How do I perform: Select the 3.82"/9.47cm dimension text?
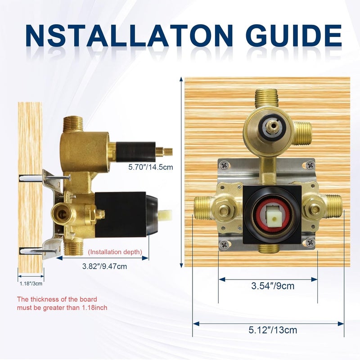[x=104, y=266]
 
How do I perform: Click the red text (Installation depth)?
[x=115, y=252]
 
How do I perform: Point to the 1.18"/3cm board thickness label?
[x=31, y=284]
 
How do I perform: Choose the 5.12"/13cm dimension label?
[x=273, y=330]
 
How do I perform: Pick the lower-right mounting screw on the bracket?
[x=310, y=243]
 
